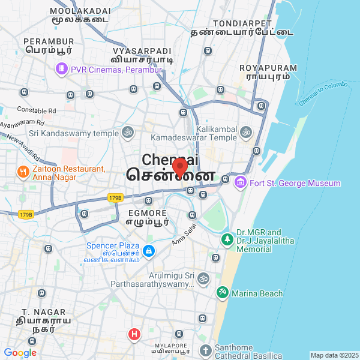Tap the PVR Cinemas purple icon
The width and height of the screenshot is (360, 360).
[61, 70]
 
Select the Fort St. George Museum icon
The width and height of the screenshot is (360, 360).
[241, 182]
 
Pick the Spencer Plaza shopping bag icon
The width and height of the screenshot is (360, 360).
[149, 251]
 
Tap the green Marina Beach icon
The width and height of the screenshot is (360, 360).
[222, 293]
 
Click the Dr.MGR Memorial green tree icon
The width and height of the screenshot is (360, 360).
[227, 239]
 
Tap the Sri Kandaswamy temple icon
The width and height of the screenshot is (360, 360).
[127, 132]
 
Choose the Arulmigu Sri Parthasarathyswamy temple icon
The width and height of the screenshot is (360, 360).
[203, 278]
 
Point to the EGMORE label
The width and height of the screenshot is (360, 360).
[147, 214]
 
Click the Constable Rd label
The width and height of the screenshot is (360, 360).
[36, 110]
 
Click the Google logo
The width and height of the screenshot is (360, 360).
[20, 353]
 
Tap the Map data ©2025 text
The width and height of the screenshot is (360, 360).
[334, 355]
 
